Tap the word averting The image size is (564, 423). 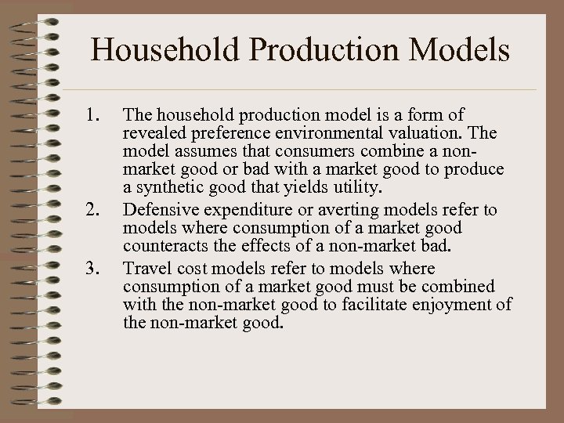point(325,210)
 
